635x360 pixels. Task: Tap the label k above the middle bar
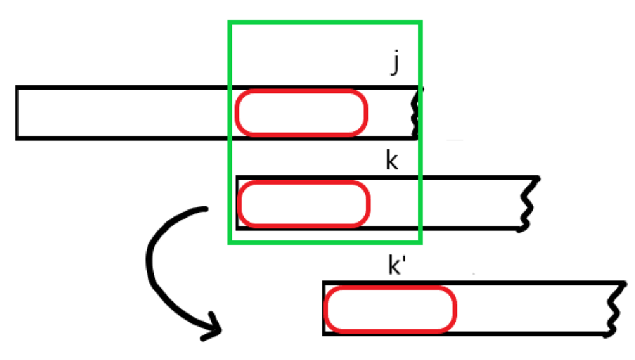pos(392,161)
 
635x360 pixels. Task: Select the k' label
pos(396,266)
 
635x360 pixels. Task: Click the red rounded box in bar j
pos(301,113)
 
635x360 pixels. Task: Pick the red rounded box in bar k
pos(303,203)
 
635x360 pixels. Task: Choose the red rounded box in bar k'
pos(390,309)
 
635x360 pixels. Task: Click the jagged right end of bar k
pos(530,203)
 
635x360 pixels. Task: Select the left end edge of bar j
pos(17,113)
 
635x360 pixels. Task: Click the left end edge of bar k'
pos(324,309)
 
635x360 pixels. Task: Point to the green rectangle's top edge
pos(325,22)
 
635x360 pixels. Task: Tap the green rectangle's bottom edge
pos(325,242)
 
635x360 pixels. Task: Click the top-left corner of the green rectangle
pos(231,22)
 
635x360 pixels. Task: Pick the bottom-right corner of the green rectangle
pos(420,242)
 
